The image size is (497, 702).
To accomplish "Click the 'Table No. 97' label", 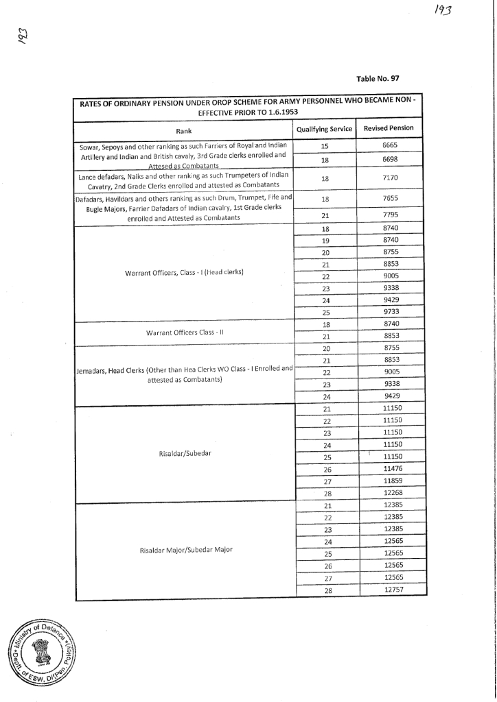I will tap(378, 78).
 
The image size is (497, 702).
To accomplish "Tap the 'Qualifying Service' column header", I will tap(324, 129).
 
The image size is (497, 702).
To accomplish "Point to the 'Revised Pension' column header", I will tap(389, 128).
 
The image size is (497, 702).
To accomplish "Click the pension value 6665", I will tap(391, 145).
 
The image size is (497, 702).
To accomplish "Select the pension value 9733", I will tap(391, 311).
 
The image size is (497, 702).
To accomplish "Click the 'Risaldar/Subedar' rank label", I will tap(185, 454).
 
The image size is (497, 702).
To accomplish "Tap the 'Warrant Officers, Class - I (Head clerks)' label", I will tap(185, 272).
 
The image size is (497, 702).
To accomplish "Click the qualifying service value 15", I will tap(325, 145).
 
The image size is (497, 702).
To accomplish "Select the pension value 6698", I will tap(391, 158).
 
